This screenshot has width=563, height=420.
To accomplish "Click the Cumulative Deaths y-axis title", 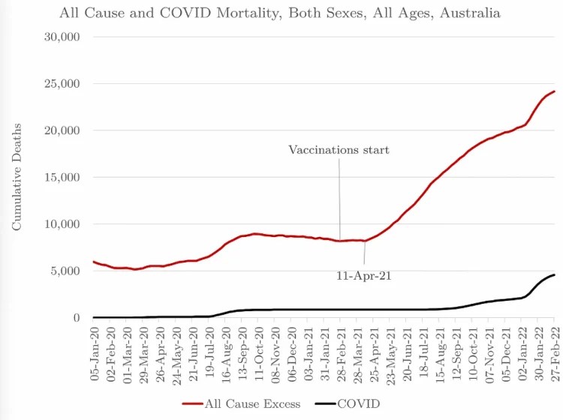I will click(17, 176).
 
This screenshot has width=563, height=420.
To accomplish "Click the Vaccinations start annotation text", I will click(339, 150).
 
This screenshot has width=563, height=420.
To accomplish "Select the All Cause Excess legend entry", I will click(245, 403).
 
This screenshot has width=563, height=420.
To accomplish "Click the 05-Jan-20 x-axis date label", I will click(94, 346).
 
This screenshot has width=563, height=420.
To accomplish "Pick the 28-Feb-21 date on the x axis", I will click(340, 346).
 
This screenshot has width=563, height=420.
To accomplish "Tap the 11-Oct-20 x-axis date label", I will click(257, 346).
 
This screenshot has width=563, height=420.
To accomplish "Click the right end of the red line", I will click(554, 91).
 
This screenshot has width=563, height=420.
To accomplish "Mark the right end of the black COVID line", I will click(554, 275).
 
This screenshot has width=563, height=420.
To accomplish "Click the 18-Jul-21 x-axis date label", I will click(423, 346).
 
